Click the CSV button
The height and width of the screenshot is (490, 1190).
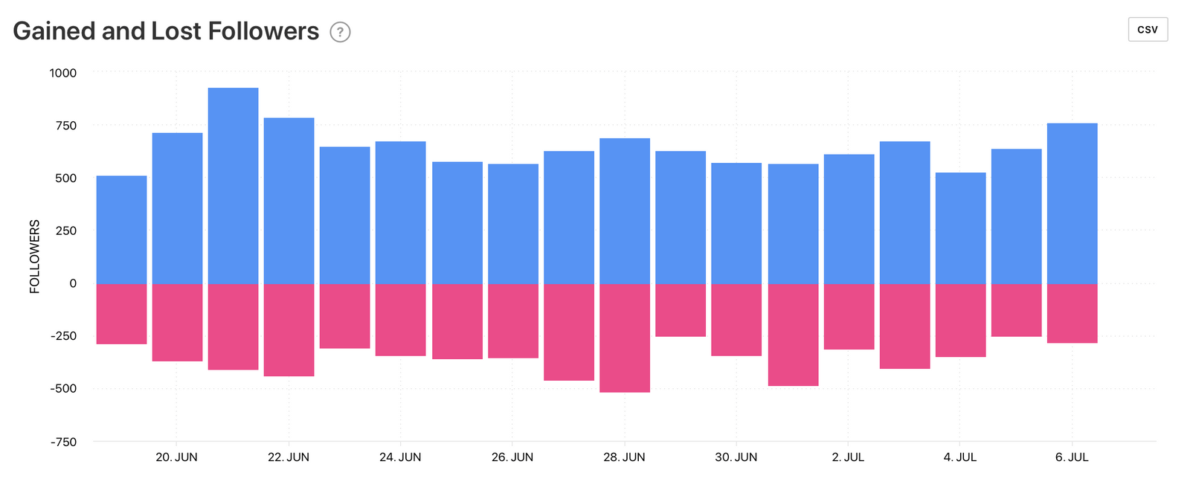click(x=1148, y=30)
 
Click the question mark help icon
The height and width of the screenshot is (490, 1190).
click(x=340, y=32)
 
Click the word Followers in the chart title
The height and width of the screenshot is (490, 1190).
click(x=263, y=31)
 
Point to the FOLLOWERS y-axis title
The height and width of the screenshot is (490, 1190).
click(x=34, y=257)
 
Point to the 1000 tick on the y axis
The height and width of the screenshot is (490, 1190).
click(x=63, y=73)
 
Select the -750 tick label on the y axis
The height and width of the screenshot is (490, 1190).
click(x=63, y=442)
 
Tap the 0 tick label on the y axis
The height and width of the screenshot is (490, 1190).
click(x=73, y=283)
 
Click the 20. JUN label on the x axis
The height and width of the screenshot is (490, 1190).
click(x=176, y=457)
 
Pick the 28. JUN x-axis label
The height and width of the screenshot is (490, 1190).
click(x=624, y=457)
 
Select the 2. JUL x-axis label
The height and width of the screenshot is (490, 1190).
click(x=848, y=457)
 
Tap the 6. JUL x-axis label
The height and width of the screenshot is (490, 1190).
click(x=1072, y=457)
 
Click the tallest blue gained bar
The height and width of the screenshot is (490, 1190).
click(x=233, y=186)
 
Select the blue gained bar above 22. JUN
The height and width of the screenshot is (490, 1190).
click(x=289, y=201)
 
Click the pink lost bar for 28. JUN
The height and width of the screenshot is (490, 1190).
click(x=625, y=338)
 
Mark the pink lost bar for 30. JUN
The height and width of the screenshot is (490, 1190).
click(x=736, y=320)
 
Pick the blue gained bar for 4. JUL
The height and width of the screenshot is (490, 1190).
click(x=960, y=228)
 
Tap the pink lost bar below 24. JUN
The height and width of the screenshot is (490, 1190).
click(x=400, y=320)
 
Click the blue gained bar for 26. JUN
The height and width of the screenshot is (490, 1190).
click(x=512, y=223)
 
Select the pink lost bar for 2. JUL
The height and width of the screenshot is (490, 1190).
click(x=849, y=317)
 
